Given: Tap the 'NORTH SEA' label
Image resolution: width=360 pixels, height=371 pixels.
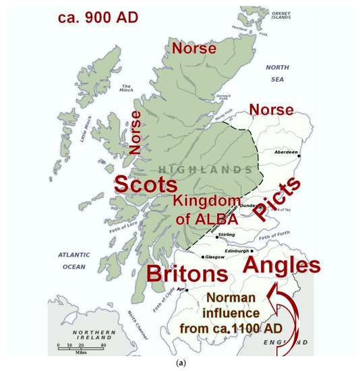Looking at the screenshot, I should (277, 72).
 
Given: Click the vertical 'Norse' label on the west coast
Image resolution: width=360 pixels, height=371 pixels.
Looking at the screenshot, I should (135, 134).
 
